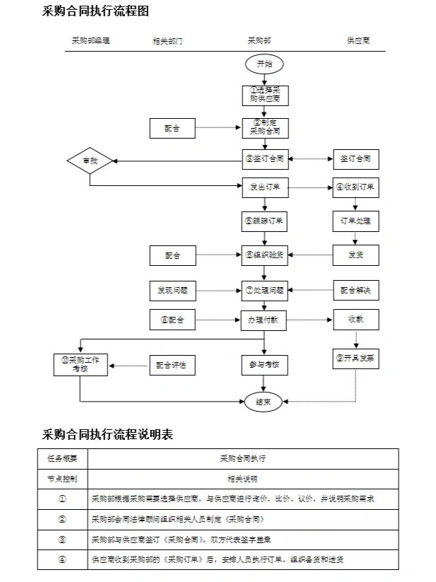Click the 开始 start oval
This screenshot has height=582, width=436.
pyautogui.click(x=264, y=64)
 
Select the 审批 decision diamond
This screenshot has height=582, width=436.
pyautogui.click(x=90, y=161)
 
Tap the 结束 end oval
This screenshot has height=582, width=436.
pyautogui.click(x=264, y=402)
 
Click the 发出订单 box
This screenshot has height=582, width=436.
pyautogui.click(x=265, y=187)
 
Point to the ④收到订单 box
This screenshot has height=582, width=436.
pyautogui.click(x=355, y=187)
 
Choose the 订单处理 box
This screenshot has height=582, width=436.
pyautogui.click(x=355, y=221)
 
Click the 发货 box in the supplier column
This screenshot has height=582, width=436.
pyautogui.click(x=355, y=255)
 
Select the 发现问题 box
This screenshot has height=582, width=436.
pyautogui.click(x=172, y=290)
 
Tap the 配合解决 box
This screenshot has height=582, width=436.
pyautogui.click(x=355, y=290)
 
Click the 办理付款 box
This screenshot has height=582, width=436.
pyautogui.click(x=265, y=320)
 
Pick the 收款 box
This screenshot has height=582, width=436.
pyautogui.click(x=355, y=320)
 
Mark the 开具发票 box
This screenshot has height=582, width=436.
pyautogui.click(x=355, y=359)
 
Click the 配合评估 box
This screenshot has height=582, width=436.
pyautogui.click(x=172, y=366)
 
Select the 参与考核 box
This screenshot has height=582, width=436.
pyautogui.click(x=265, y=366)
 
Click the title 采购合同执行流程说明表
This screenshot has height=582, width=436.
pyautogui.click(x=107, y=434)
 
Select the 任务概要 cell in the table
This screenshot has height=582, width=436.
pyautogui.click(x=62, y=458)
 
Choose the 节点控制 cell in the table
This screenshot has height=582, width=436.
pyautogui.click(x=62, y=478)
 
